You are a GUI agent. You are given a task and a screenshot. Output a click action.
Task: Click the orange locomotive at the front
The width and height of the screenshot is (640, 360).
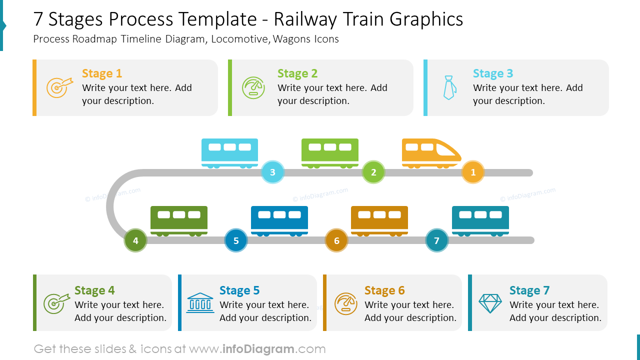[x=430, y=152]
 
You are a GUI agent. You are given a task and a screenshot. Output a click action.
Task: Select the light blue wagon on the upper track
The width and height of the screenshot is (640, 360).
[x=229, y=152]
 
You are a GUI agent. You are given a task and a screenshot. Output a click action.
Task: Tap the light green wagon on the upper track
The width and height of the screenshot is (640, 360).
[x=330, y=152]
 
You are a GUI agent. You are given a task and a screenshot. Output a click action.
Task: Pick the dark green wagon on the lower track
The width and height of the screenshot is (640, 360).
[x=179, y=220]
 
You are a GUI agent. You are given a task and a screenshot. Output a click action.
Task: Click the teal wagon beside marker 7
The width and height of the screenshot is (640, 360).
[x=480, y=220]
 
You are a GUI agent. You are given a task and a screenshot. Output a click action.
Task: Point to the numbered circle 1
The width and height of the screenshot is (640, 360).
[x=473, y=172]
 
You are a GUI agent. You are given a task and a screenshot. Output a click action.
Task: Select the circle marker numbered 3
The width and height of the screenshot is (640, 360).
[x=272, y=172]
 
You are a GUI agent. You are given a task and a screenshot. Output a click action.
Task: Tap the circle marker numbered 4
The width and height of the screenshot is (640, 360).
[x=135, y=240]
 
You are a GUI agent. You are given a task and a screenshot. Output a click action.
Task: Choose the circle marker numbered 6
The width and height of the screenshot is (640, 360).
[x=336, y=240]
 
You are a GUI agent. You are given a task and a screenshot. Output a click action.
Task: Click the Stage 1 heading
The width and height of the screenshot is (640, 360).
[x=102, y=73]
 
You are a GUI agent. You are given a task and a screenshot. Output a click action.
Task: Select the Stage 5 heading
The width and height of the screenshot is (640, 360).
[x=239, y=290]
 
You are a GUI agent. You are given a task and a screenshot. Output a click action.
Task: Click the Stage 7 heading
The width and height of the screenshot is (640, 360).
[x=529, y=290]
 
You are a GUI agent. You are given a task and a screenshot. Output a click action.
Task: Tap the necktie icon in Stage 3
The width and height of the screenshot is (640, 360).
[x=449, y=88]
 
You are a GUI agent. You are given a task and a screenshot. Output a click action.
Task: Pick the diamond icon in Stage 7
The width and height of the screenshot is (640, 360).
[x=490, y=303]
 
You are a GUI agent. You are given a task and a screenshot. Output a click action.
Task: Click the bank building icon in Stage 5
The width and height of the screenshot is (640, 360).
[x=200, y=303]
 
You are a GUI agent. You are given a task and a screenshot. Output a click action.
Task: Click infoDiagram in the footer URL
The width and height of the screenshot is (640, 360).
[x=258, y=349]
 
